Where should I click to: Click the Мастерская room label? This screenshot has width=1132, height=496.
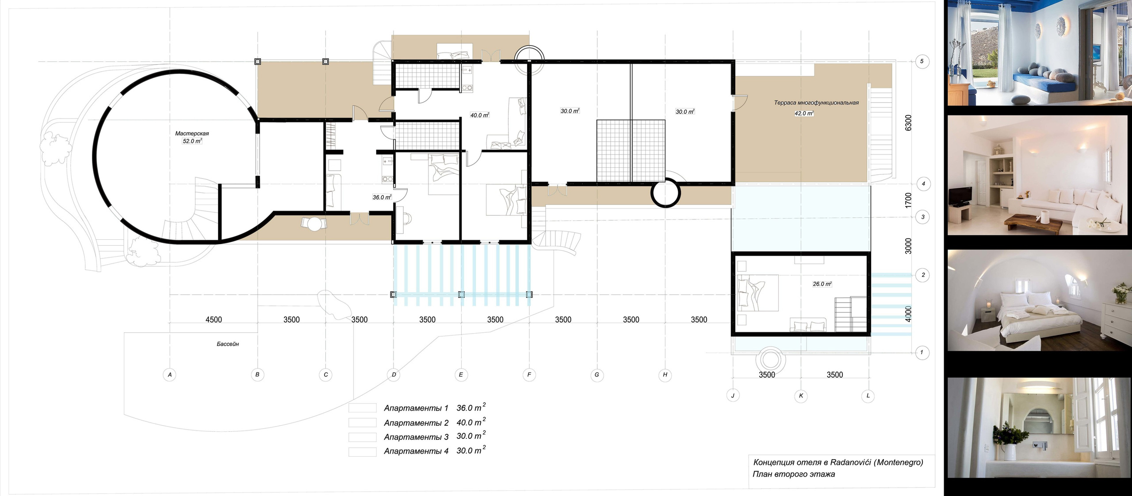[x=192, y=133]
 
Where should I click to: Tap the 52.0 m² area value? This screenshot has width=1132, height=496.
[x=192, y=141]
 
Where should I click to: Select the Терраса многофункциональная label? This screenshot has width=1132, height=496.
[x=816, y=103]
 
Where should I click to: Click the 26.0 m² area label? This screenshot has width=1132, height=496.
[x=822, y=284]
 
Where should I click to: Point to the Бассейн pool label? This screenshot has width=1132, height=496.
[x=228, y=344]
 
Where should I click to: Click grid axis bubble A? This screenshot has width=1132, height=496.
[x=170, y=375]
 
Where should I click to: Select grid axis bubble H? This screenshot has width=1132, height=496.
[x=665, y=375]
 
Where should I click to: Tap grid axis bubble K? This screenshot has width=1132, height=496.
[x=801, y=396]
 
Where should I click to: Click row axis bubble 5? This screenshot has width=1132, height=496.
[x=922, y=61]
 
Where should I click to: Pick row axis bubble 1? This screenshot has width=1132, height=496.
[x=922, y=353]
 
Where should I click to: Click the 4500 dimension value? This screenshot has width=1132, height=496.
[x=214, y=319]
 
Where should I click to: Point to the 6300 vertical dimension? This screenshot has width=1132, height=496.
[x=908, y=123]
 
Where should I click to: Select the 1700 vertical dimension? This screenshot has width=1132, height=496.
[x=908, y=200]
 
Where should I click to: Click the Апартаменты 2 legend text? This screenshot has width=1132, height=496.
[x=416, y=423]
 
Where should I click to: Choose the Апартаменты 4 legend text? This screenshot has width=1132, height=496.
[x=416, y=451]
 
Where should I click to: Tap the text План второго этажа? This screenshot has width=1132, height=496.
[x=794, y=474]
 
